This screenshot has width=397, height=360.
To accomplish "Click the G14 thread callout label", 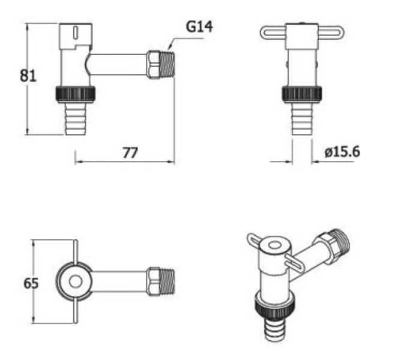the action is click(199, 26).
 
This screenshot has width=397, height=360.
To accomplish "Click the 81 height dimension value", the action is click(28, 76).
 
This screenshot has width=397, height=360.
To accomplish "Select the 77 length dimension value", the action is click(130, 152).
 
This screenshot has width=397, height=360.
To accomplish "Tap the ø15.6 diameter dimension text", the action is click(342, 152).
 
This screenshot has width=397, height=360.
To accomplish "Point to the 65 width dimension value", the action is click(31, 283).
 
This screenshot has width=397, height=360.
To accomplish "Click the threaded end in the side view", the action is click(168, 65).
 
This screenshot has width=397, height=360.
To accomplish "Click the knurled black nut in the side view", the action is click(75, 94).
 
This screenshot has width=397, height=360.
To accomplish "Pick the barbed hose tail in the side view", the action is click(76, 119).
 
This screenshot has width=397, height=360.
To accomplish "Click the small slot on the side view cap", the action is click(76, 32).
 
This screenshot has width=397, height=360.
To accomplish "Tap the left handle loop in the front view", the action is click(273, 33).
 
